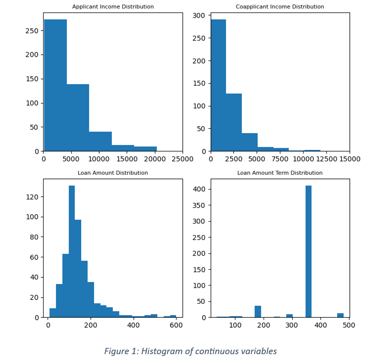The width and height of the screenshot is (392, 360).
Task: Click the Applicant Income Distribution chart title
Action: [x=113, y=7]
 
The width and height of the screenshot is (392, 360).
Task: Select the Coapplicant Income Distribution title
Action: [x=280, y=7]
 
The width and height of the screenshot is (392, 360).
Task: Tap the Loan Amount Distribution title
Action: [x=113, y=173]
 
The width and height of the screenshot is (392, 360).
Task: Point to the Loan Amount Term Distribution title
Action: [x=280, y=173]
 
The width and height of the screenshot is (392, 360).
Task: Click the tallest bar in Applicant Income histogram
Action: [x=55, y=85]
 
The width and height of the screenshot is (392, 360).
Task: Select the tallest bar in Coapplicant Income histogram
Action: [x=218, y=85]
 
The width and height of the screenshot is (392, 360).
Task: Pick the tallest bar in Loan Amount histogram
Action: [x=72, y=252]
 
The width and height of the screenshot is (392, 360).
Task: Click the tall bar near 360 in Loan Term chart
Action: [x=308, y=252]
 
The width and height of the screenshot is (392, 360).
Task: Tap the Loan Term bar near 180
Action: [x=258, y=311]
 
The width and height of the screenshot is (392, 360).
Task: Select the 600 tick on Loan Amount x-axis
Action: [x=176, y=325]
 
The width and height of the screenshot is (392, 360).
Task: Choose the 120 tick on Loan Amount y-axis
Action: [x=34, y=197]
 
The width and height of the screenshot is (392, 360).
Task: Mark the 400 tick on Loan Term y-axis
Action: [x=201, y=189]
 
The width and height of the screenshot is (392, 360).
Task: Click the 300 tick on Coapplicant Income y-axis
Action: [x=200, y=16]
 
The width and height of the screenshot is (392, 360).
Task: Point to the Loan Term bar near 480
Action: [x=340, y=315]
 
